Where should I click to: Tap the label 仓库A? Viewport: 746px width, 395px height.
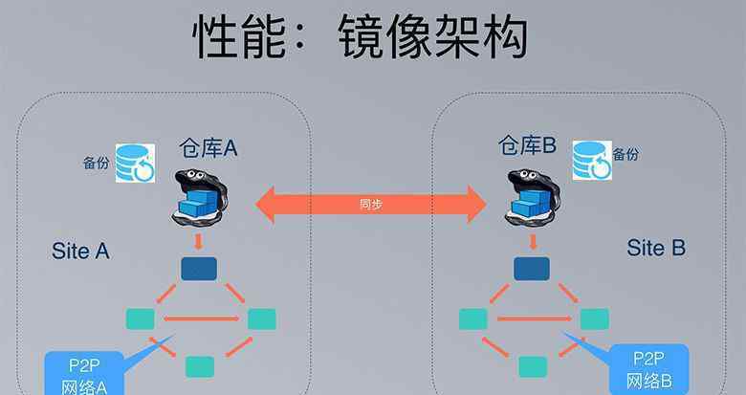pyautogui.click(x=208, y=148)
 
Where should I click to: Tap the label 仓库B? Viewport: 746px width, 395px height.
pyautogui.click(x=527, y=144)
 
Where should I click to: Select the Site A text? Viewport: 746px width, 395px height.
pyautogui.click(x=80, y=251)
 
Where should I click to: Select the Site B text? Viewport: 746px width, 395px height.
pyautogui.click(x=656, y=248)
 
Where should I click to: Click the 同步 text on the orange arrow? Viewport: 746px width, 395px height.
pyautogui.click(x=371, y=204)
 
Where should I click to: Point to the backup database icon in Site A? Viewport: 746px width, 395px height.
pyautogui.click(x=135, y=163)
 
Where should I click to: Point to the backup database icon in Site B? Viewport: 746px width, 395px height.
pyautogui.click(x=592, y=161)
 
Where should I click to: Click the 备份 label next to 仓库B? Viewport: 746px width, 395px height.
pyautogui.click(x=625, y=154)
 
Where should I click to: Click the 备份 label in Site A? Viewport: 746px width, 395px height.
pyautogui.click(x=96, y=163)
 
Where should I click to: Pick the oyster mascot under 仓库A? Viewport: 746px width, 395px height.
pyautogui.click(x=199, y=197)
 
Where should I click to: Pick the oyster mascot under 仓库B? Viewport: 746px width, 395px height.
pyautogui.click(x=532, y=197)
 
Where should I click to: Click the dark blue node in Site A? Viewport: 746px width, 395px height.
pyautogui.click(x=199, y=269)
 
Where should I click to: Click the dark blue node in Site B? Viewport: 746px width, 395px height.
pyautogui.click(x=532, y=269)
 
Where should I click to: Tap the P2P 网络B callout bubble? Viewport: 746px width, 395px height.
pyautogui.click(x=648, y=369)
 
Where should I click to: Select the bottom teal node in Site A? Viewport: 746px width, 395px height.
pyautogui.click(x=200, y=367)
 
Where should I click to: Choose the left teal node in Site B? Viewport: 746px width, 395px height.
pyautogui.click(x=473, y=318)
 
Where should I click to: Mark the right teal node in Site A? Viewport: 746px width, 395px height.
pyautogui.click(x=262, y=318)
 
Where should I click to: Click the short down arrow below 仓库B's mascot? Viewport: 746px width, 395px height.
pyautogui.click(x=533, y=242)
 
